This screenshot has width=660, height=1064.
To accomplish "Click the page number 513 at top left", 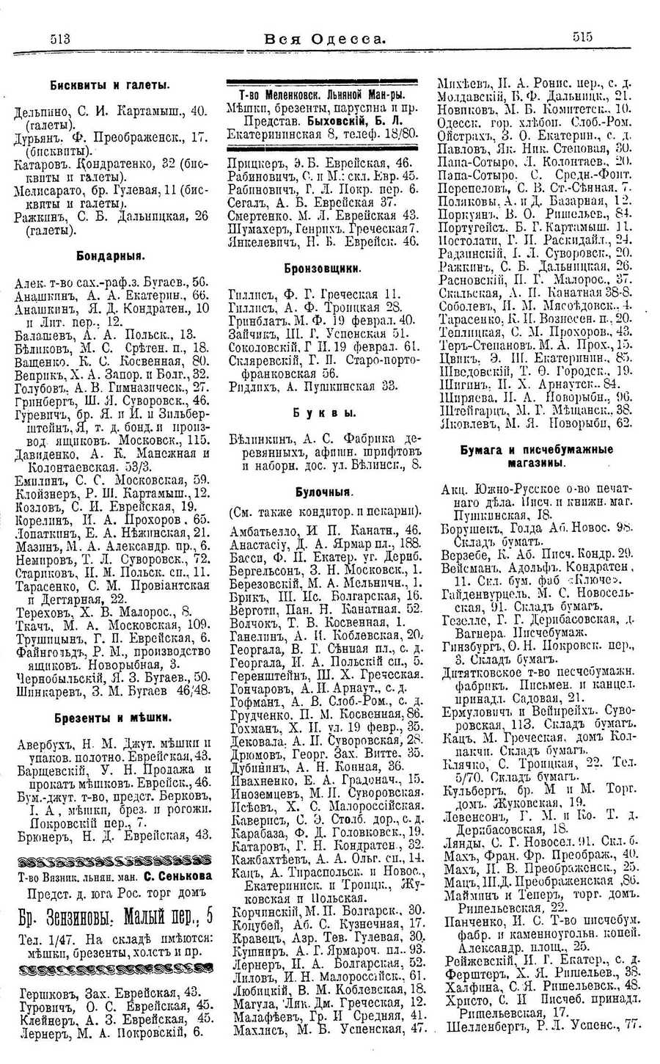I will coord(65,39).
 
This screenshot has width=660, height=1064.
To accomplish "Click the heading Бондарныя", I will coord(111,256).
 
